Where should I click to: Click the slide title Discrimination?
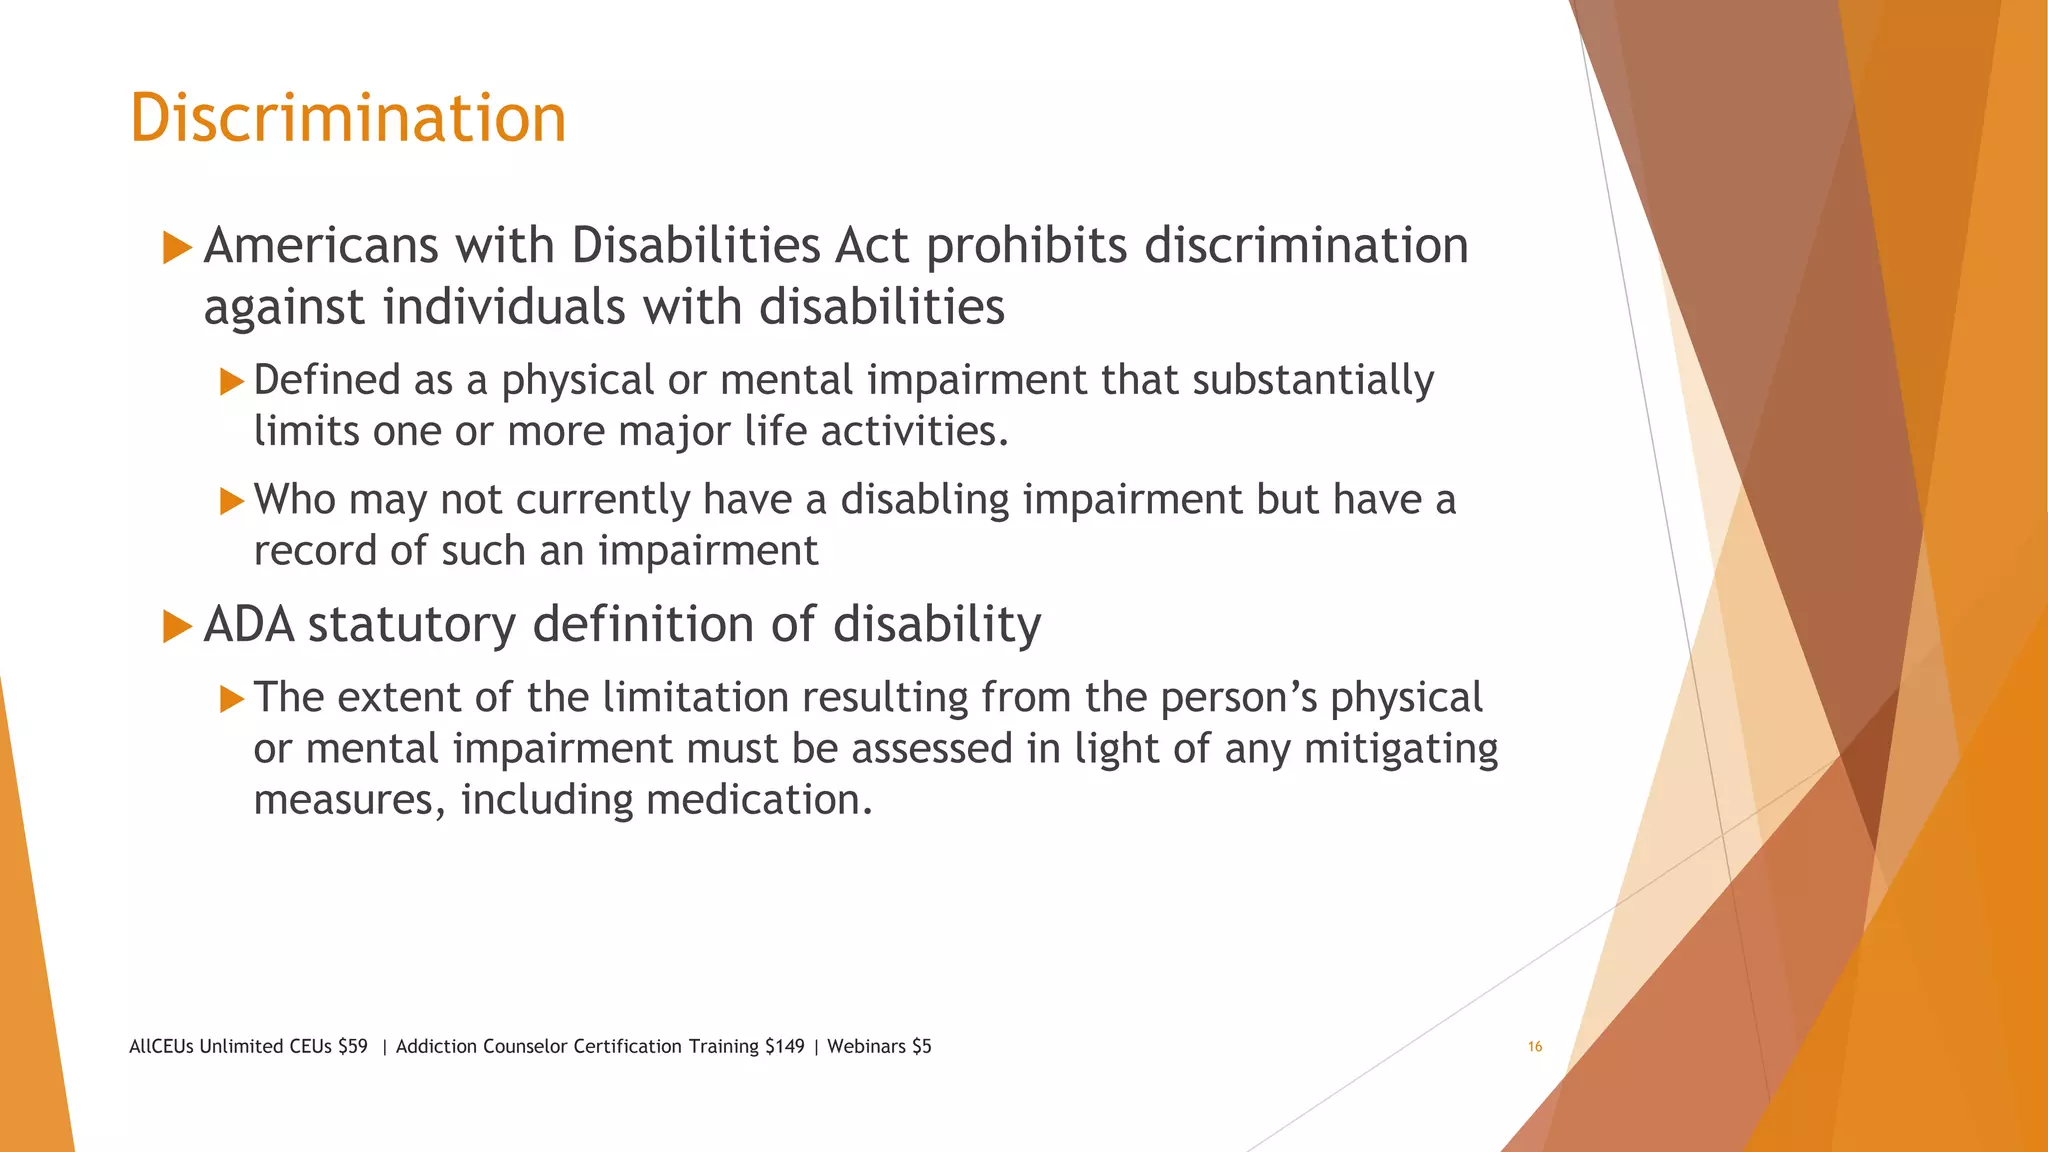tap(348, 118)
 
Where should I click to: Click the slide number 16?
tap(1534, 1047)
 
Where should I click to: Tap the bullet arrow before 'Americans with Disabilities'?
tap(177, 247)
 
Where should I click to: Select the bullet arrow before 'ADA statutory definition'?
tap(177, 626)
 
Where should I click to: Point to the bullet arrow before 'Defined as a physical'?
tap(232, 381)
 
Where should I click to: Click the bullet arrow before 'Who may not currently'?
tap(232, 500)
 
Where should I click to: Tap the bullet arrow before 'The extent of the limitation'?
tap(232, 698)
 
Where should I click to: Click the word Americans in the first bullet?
tap(321, 246)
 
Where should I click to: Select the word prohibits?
tap(1026, 246)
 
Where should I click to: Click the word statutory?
tap(411, 625)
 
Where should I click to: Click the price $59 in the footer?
tap(352, 1047)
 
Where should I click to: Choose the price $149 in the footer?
tap(784, 1047)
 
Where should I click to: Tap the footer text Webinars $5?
tap(879, 1047)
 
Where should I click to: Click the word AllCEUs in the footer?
tap(161, 1047)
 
